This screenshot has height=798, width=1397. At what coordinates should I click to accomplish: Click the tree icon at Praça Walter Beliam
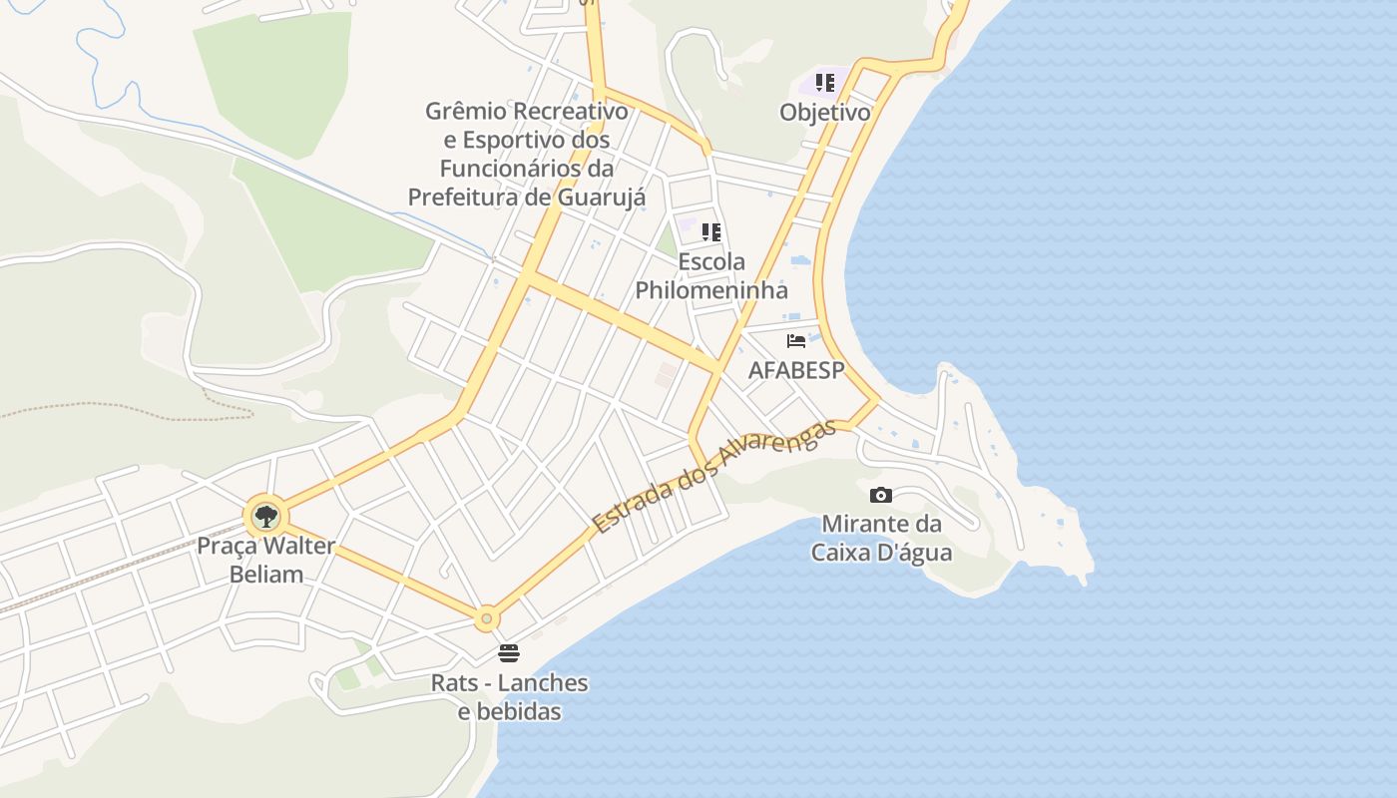[x=265, y=517]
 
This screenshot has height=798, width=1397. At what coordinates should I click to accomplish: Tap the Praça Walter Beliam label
[x=265, y=560]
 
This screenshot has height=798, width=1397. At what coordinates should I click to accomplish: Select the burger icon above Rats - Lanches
[x=509, y=653]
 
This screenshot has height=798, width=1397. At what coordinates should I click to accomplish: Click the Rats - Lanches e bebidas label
[x=509, y=697]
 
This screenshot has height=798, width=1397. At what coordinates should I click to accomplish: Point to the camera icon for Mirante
[x=880, y=495]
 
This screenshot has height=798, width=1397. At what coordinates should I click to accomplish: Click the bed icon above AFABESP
[x=795, y=341]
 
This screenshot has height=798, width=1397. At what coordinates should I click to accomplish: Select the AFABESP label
[x=796, y=370]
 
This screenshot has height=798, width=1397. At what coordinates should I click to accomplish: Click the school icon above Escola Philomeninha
[x=710, y=232]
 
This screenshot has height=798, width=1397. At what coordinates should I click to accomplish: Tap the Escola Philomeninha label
[x=711, y=276]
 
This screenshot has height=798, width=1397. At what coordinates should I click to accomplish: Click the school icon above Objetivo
[x=824, y=83]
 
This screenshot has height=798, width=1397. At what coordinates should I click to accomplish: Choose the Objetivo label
[x=824, y=112]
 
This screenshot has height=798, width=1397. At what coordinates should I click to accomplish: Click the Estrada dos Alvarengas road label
[x=712, y=476]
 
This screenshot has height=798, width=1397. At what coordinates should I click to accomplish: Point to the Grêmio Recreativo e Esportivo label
[x=527, y=154]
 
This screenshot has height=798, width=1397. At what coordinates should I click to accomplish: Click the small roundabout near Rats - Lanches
[x=486, y=619]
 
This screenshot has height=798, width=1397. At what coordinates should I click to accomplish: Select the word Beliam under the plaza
[x=265, y=574]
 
